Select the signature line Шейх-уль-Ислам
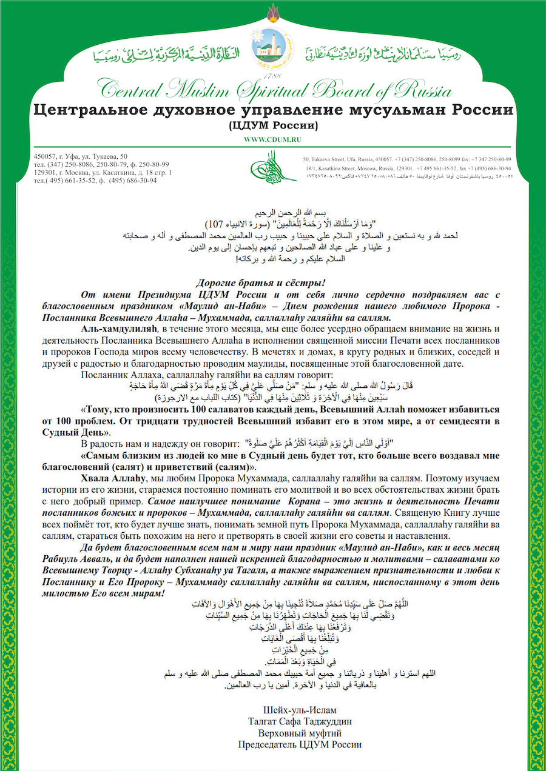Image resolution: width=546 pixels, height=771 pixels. (x=300, y=710)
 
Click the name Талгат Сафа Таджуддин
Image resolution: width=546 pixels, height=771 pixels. (x=300, y=722)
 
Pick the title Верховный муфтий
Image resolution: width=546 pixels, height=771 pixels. (x=300, y=733)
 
